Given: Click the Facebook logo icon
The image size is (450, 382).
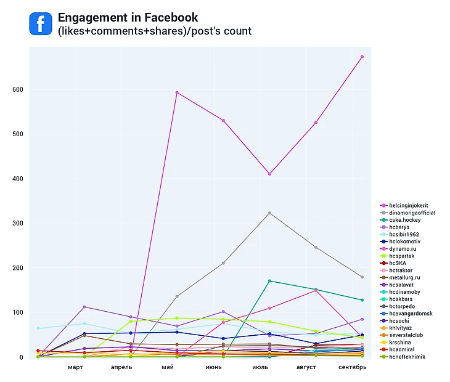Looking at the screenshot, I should pos(41,24).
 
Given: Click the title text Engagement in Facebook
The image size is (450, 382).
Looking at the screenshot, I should pos(128,17).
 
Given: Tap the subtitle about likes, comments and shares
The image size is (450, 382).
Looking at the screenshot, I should pos(155,31).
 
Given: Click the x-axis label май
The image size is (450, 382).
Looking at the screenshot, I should pos(168,368).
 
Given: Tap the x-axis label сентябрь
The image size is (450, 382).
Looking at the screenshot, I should pos(352,368).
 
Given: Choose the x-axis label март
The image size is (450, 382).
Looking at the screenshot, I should pos(75,368).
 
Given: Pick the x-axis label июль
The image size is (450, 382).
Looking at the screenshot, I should pos(260,368).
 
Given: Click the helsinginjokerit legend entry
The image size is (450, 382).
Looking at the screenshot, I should pos(409,205).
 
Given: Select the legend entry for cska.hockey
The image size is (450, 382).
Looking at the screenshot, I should pos(405,220).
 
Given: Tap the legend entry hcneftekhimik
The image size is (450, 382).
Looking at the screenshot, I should pos(407,357).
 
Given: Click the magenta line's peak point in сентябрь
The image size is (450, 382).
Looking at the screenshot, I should pos(362,57).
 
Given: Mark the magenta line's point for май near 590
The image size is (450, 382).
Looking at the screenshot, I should pos(177,92).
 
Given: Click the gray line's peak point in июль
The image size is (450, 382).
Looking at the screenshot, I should pos(269,213).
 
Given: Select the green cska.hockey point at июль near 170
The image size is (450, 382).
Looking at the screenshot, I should pos(269,281).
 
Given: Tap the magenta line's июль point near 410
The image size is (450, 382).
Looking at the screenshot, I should pos(269,174).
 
